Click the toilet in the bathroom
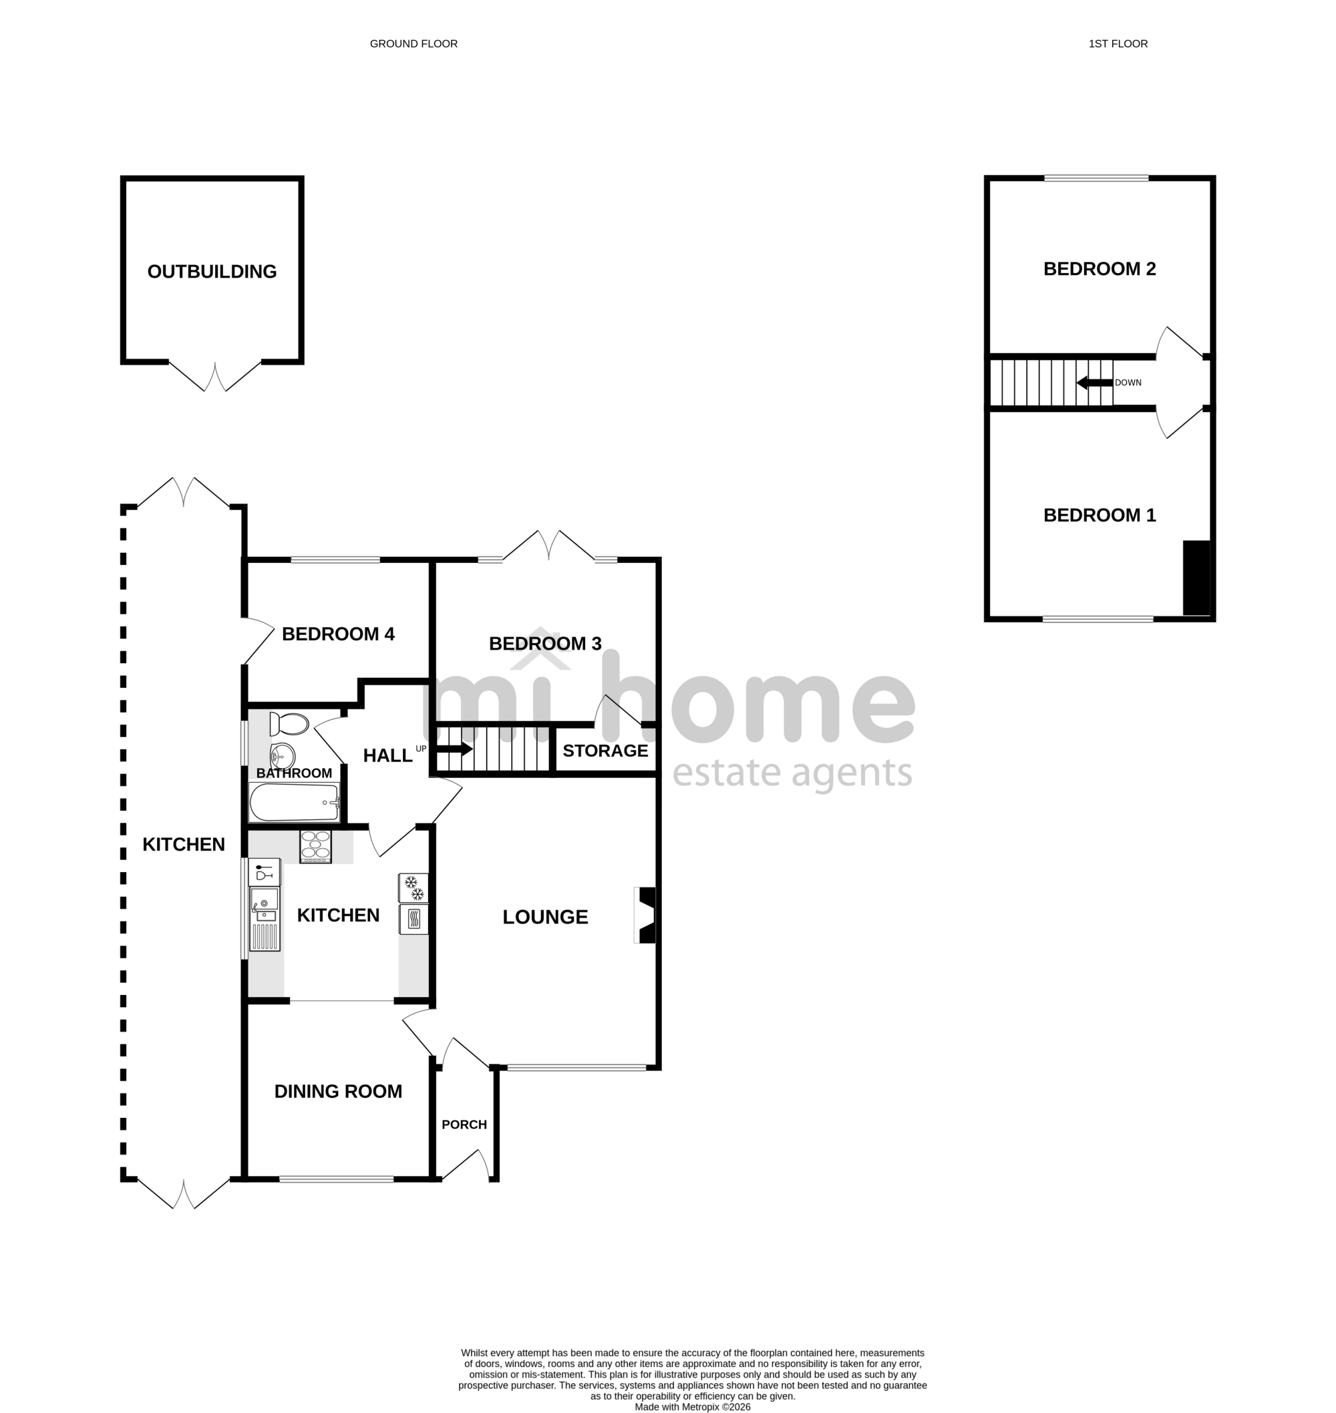click(x=289, y=725)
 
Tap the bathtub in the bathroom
click(x=294, y=802)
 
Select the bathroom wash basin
click(x=282, y=754)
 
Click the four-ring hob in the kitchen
click(x=315, y=847)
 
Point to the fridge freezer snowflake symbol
click(x=413, y=887)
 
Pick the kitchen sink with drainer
click(x=265, y=919)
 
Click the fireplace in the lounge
click(x=645, y=916)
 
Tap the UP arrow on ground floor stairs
click(x=454, y=749)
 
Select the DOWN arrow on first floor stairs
click(x=1095, y=383)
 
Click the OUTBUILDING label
click(x=212, y=271)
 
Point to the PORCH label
click(x=464, y=1125)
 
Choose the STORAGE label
click(x=605, y=751)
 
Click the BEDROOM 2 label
click(x=1100, y=269)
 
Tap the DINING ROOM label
click(x=338, y=1091)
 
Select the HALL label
click(x=387, y=756)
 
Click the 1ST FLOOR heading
click(x=1118, y=44)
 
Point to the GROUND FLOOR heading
click(x=413, y=44)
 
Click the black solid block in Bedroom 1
click(x=1196, y=578)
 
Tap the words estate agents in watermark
click(x=792, y=773)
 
